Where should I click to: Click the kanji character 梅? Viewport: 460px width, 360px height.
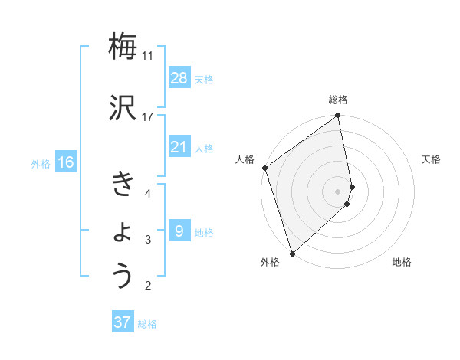123,46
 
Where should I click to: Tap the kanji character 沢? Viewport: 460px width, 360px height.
123,108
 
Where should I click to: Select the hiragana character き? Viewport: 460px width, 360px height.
123,184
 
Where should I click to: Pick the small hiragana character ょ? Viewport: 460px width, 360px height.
123,231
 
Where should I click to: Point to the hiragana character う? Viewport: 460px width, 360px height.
123,276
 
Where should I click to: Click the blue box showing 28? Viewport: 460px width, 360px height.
179,78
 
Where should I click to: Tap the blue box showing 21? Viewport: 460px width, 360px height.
179,147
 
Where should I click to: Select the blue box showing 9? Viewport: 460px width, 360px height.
179,231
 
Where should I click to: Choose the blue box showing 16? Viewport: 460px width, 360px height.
66,162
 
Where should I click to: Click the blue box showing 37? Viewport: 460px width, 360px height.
123,322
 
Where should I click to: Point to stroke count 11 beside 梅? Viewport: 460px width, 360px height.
147,56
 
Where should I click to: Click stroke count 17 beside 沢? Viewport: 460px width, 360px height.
147,117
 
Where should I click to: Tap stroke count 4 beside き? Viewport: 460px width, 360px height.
148,193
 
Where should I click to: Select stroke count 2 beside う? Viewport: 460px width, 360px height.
148,286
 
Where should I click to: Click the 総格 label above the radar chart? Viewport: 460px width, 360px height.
338,100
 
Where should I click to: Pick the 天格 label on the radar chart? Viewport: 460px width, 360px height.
432,159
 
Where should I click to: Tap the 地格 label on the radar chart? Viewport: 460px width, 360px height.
402,262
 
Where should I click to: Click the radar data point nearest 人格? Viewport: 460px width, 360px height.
264,168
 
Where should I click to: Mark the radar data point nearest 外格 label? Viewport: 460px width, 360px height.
291,253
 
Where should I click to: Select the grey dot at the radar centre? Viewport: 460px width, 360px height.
338,191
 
